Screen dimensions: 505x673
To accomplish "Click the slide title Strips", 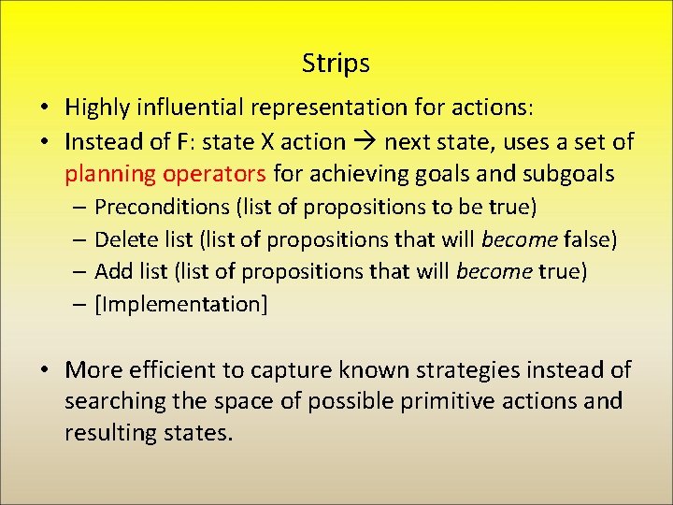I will point(336,64).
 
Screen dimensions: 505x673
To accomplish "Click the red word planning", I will point(109,175).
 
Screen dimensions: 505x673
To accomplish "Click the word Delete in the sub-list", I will point(125,239).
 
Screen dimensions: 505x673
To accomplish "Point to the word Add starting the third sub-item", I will point(113,272).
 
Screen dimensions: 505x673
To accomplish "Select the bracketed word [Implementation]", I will point(181,305).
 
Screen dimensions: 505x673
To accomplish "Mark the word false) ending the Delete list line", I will point(593,239).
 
